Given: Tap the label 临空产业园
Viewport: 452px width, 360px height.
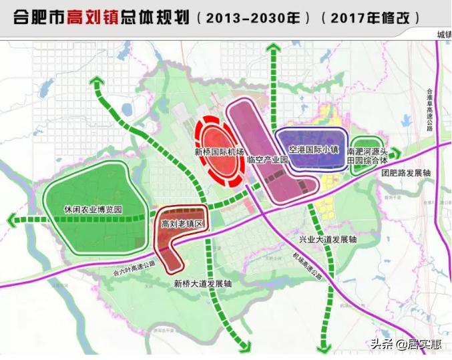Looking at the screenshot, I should [266, 160].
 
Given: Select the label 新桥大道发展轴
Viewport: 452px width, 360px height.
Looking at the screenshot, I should [202, 283].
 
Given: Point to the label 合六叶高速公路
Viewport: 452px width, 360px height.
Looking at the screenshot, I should [134, 264].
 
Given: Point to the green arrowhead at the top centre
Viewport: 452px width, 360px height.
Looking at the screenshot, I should [272, 47].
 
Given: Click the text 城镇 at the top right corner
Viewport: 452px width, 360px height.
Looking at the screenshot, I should [443, 35].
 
